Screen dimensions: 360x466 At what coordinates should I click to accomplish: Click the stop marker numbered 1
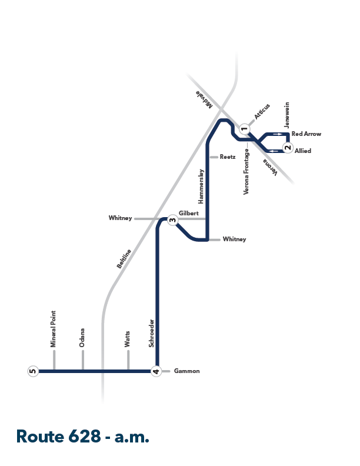click(x=245, y=129)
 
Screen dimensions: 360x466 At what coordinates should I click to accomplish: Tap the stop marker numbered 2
click(x=288, y=148)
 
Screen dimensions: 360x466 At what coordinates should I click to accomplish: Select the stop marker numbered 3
click(x=172, y=220)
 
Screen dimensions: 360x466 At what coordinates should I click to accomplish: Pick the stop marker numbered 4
click(x=156, y=371)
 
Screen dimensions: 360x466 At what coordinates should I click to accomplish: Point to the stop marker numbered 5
click(x=33, y=371)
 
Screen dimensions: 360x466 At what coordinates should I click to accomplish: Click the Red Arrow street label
click(x=306, y=134)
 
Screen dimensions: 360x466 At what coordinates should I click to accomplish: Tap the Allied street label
click(x=303, y=151)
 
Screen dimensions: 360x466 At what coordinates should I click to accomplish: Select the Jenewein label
click(x=286, y=115)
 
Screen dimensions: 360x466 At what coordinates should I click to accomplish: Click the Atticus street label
click(x=262, y=111)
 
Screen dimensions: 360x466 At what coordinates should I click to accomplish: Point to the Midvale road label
click(x=204, y=99)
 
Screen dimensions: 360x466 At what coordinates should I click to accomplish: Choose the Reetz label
click(x=228, y=157)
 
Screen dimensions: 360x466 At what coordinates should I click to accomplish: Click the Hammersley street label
click(x=201, y=187)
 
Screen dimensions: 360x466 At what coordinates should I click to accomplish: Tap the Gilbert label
click(x=189, y=214)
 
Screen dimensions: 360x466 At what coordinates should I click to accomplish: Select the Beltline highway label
click(x=124, y=259)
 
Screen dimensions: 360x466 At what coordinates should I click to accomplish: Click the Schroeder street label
click(x=152, y=333)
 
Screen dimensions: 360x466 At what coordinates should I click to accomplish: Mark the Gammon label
click(x=187, y=371)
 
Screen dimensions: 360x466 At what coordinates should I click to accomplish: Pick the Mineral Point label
click(x=53, y=329)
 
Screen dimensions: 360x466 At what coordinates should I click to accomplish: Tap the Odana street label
click(x=82, y=338)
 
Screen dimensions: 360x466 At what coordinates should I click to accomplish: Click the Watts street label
click(x=127, y=339)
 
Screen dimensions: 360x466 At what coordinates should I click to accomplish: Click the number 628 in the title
click(x=85, y=437)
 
